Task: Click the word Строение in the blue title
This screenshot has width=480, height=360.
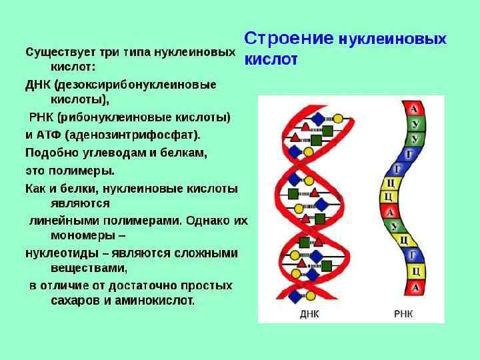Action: [288, 38]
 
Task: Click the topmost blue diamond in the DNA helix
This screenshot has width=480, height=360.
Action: [319, 118]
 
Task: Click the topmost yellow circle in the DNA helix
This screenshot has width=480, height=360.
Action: [338, 119]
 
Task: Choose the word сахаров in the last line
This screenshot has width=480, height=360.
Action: [75, 301]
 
